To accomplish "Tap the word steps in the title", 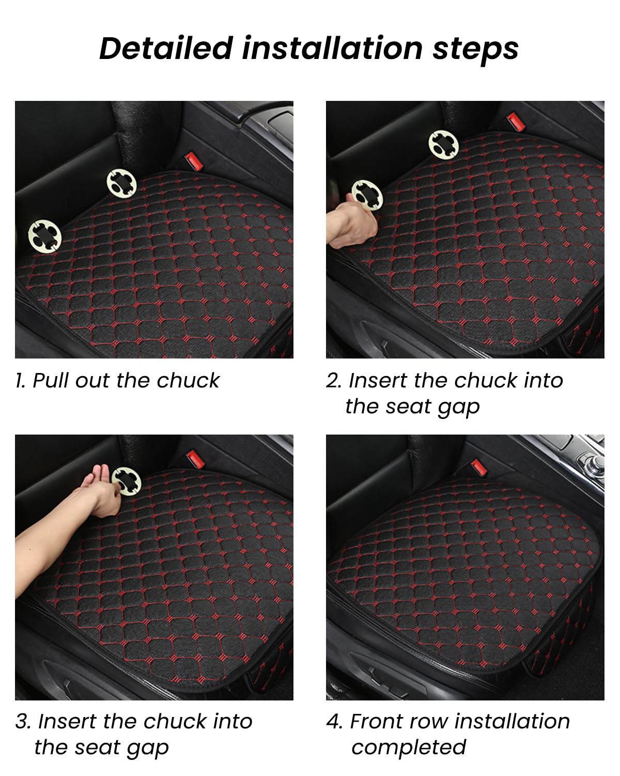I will point(475,49).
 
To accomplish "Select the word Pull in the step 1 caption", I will point(52,381).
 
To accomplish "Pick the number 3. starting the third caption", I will point(24,721).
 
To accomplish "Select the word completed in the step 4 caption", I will point(408,748).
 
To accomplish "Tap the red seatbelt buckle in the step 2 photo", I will point(514,122).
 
